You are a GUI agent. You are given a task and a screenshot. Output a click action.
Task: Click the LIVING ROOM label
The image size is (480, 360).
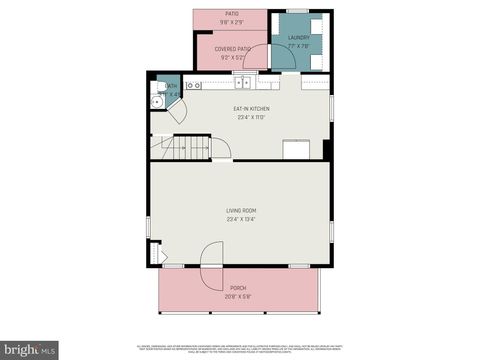pyautogui.click(x=241, y=210)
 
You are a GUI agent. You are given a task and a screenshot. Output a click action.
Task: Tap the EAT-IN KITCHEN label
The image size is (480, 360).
pyautogui.click(x=251, y=109)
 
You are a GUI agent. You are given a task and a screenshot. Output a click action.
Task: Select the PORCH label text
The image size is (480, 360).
pyautogui.click(x=238, y=287)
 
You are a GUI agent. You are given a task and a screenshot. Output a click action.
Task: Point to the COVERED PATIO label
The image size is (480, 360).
pyautogui.click(x=231, y=47)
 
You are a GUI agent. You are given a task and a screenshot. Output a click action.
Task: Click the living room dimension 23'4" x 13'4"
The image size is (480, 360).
pyautogui.click(x=241, y=219)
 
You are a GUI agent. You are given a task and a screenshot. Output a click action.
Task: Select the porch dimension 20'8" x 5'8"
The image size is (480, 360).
pyautogui.click(x=238, y=295)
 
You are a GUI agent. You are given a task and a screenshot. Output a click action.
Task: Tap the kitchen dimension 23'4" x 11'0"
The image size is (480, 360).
pyautogui.click(x=251, y=117)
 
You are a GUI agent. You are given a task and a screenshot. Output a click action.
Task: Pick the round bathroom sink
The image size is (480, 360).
pyautogui.click(x=157, y=100)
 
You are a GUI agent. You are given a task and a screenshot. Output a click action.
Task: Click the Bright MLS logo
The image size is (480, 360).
pyautogui.click(x=29, y=350)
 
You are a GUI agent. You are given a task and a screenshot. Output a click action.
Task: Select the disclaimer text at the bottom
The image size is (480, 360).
pyautogui.click(x=241, y=346)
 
